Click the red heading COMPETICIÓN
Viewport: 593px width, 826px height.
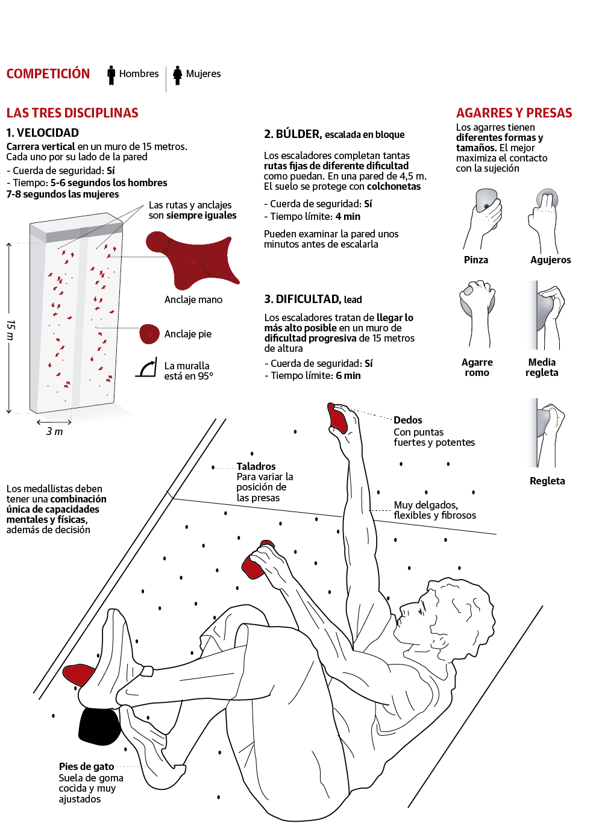click(x=48, y=74)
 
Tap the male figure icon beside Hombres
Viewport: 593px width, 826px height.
click(x=111, y=75)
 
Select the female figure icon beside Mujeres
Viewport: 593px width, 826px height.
click(x=177, y=75)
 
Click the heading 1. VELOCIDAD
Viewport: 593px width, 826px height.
click(x=43, y=133)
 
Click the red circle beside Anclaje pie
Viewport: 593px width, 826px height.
click(x=149, y=334)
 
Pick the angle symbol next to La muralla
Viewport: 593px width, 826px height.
click(x=146, y=369)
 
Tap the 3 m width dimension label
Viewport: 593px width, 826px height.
click(x=54, y=431)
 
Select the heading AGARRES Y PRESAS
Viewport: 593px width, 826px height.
click(x=514, y=113)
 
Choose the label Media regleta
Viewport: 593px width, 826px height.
click(x=542, y=368)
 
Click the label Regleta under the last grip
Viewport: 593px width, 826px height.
click(x=547, y=481)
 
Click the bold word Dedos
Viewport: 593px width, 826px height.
click(x=408, y=420)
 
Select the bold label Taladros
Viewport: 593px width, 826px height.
click(x=256, y=466)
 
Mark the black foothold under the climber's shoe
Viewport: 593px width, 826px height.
click(x=99, y=726)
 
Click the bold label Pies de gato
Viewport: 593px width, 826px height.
click(x=86, y=766)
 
